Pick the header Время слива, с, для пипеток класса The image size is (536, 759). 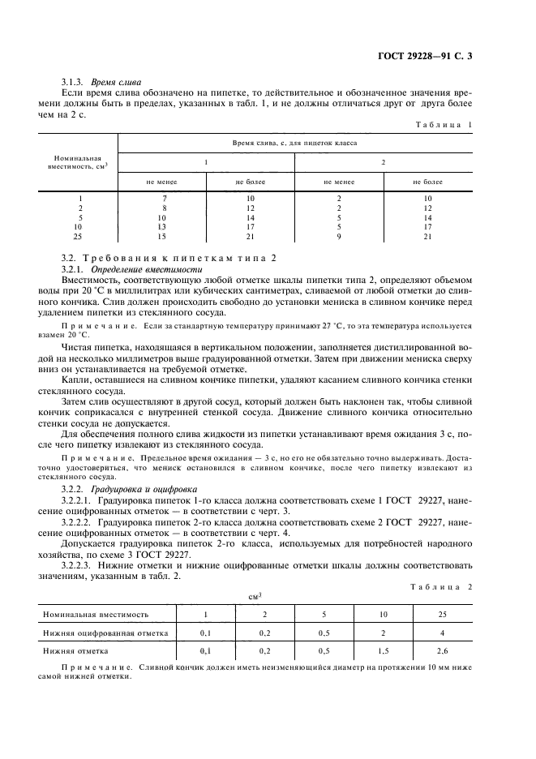pyautogui.click(x=295, y=142)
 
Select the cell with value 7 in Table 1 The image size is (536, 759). pyautogui.click(x=163, y=199)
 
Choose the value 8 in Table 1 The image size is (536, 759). pyautogui.click(x=163, y=208)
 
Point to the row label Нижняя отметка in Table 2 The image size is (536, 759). pyautogui.click(x=79, y=650)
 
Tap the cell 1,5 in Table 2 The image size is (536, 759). pyautogui.click(x=383, y=650)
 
